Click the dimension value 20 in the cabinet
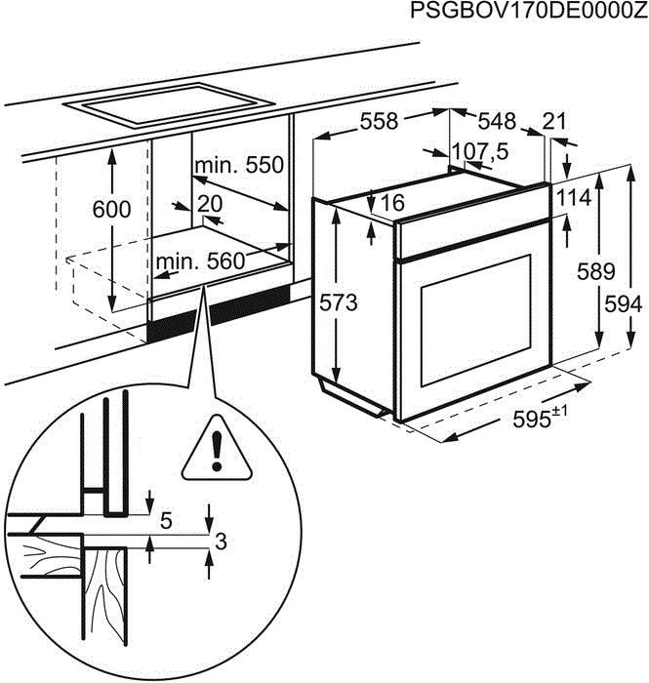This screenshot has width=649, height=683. (x=210, y=204)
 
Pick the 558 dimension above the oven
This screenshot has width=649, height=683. (x=379, y=121)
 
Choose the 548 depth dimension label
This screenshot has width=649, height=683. (x=497, y=121)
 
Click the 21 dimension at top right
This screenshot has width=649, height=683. (x=554, y=121)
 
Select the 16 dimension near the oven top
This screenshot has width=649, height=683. (x=392, y=203)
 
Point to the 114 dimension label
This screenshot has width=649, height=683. (x=575, y=198)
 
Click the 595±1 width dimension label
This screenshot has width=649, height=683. (x=540, y=420)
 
